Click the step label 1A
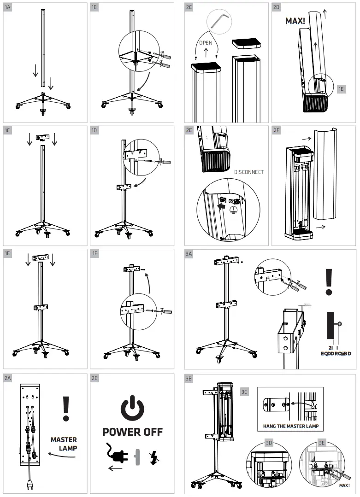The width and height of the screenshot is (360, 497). click(8, 7)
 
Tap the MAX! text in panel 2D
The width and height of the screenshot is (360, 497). click(295, 21)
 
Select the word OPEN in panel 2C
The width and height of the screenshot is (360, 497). click(206, 42)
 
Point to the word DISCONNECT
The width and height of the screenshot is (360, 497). click(249, 172)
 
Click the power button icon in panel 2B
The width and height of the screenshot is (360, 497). click(132, 408)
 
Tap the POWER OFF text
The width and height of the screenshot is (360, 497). click(132, 432)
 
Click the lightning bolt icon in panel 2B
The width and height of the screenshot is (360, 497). click(153, 457)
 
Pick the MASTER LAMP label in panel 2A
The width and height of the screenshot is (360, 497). click(64, 444)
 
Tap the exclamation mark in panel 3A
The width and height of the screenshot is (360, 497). click(329, 282)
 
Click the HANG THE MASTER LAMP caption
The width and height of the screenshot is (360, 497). click(290, 426)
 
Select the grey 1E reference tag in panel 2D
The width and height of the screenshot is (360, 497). click(341, 89)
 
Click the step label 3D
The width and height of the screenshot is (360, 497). click(269, 443)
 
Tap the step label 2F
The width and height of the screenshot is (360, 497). click(277, 130)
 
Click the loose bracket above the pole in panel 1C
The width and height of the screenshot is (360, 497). click(43, 138)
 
